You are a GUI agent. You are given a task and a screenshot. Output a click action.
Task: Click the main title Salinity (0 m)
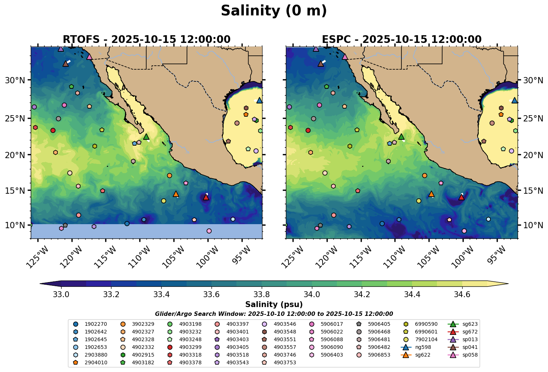[x=274, y=11]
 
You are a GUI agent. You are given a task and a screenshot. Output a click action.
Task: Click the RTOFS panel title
[x=147, y=39]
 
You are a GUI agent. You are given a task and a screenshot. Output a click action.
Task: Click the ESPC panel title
[x=402, y=39]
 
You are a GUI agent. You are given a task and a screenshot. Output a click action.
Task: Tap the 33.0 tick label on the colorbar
[x=61, y=295]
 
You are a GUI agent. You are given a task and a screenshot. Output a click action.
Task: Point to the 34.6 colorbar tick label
[x=462, y=295]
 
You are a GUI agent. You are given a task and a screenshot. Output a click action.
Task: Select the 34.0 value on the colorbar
[x=312, y=295]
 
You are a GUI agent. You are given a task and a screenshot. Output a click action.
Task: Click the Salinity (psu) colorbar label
[x=274, y=304]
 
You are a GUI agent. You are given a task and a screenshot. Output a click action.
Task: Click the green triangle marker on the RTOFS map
[x=146, y=137]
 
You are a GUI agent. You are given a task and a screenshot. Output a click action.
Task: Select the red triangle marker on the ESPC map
[x=461, y=197]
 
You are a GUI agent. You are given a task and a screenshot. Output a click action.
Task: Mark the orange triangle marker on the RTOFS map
[x=176, y=194]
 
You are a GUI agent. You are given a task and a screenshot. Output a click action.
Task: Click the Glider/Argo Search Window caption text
[x=274, y=314]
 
